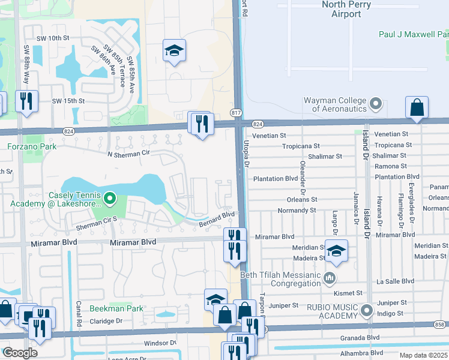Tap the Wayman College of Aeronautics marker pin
coord(376,104)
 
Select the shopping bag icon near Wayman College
coord(416,108)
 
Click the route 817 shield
coord(236,113)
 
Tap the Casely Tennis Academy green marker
coord(109,197)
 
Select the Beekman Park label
coord(116,308)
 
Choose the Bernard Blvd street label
coord(216,217)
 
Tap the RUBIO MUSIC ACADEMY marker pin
coord(367,311)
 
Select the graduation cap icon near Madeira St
coord(336,251)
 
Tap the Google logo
coord(20,352)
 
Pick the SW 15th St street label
coord(68,101)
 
